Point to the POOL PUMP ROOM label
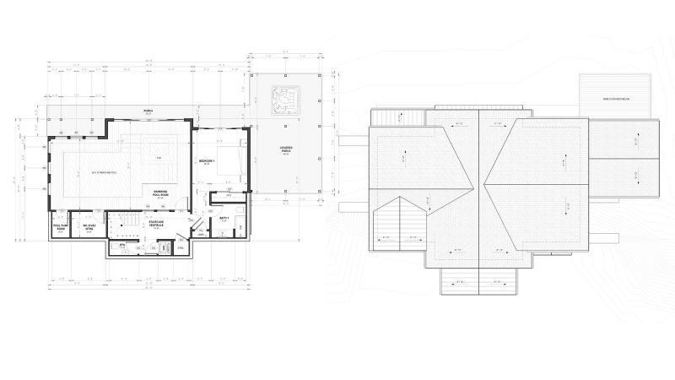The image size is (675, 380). tap(60, 227)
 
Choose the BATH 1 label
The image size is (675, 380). tap(224, 219)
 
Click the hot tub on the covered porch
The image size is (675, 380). tap(286, 102)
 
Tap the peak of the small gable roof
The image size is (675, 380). tap(398, 199)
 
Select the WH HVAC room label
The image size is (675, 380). tap(88, 227)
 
